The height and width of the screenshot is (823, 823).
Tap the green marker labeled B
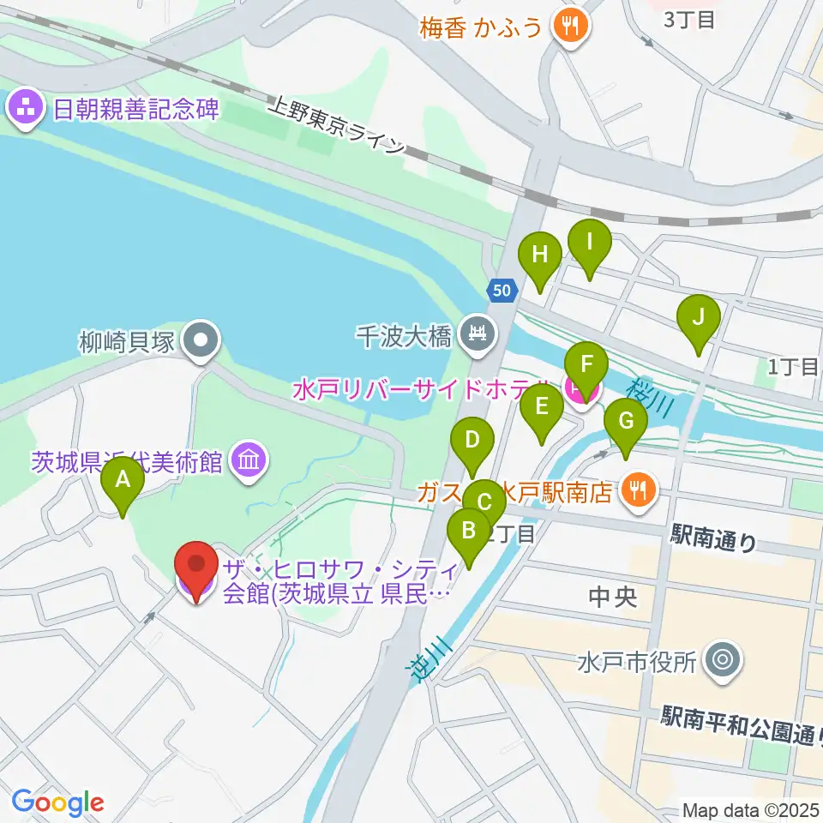click(x=469, y=532)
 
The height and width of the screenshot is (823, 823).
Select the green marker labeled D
click(x=472, y=442)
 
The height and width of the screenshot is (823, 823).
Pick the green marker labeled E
click(x=541, y=409)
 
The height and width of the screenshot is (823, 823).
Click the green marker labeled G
click(x=626, y=424)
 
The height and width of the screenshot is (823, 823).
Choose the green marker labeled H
click(x=539, y=257)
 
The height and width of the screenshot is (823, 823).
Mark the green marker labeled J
click(x=699, y=320)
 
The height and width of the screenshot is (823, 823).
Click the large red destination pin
click(x=197, y=568)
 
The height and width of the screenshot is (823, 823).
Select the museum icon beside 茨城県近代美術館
click(x=248, y=462)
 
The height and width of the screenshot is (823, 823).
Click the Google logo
click(x=57, y=802)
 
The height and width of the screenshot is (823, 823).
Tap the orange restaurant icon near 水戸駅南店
click(x=637, y=490)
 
